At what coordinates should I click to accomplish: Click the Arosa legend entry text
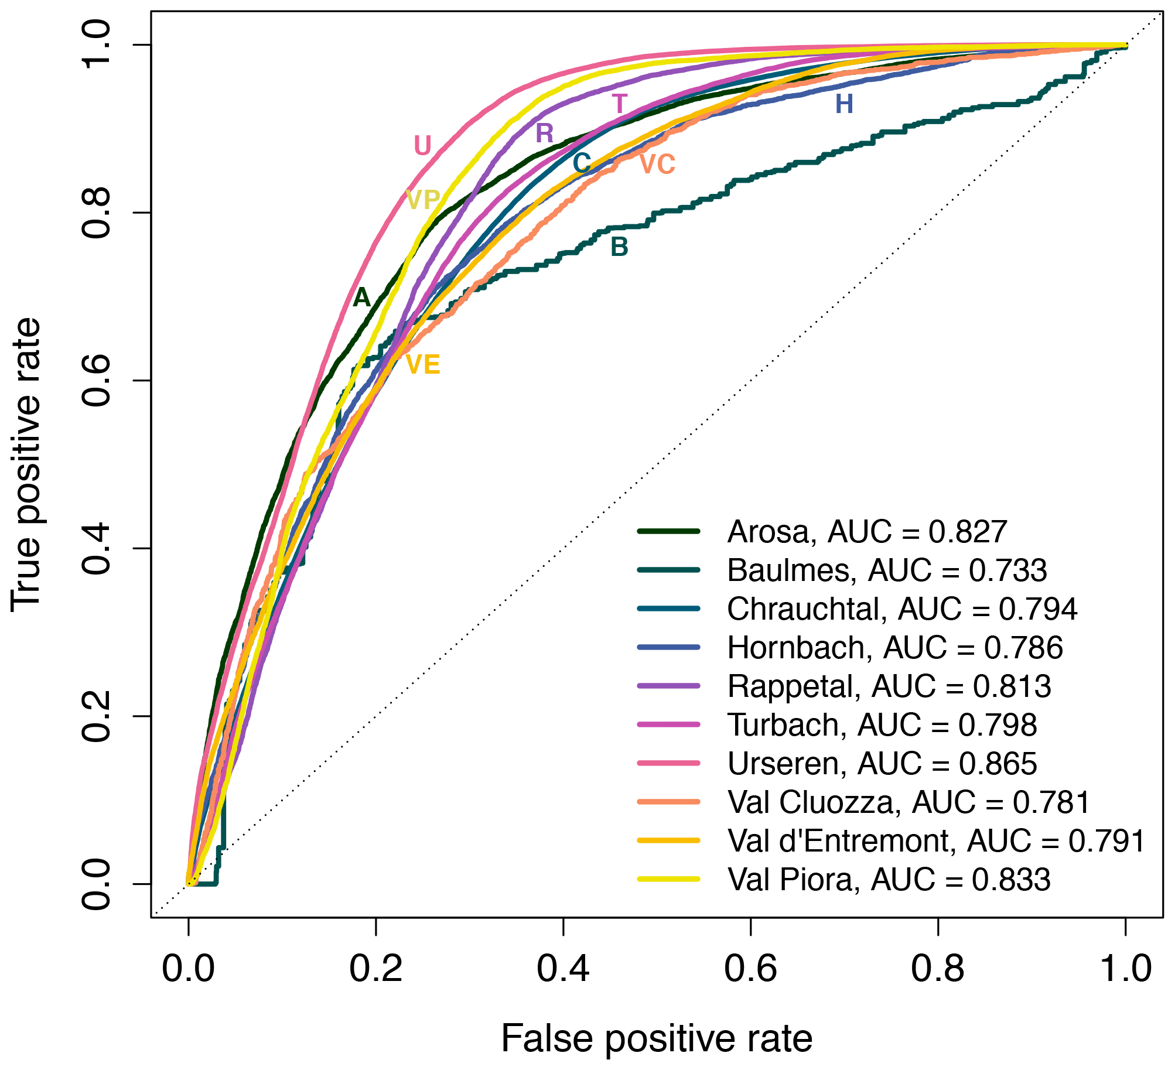point(867,532)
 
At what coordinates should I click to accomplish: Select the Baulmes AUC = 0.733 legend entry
point(887,570)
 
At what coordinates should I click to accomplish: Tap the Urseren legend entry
point(882,764)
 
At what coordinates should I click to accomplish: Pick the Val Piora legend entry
point(889,880)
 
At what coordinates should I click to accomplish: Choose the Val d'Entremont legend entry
point(936,841)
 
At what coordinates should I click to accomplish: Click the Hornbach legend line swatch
point(668,647)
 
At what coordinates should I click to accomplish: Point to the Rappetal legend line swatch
point(668,686)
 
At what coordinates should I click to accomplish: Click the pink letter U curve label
point(422,146)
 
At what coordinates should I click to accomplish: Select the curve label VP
point(422,200)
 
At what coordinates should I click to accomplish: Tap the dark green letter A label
point(361,298)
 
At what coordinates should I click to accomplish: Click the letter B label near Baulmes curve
point(619,247)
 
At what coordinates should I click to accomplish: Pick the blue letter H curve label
point(844,104)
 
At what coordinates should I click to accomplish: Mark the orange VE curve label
point(422,365)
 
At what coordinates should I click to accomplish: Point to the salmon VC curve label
point(657,165)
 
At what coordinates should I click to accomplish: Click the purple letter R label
point(544,134)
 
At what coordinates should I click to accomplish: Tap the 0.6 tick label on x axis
point(750,969)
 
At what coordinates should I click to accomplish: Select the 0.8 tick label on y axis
point(97,213)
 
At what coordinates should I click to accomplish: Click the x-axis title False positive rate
point(657,1039)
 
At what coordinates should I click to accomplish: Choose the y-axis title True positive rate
point(26,464)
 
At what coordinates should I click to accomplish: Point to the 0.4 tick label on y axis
point(97,549)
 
